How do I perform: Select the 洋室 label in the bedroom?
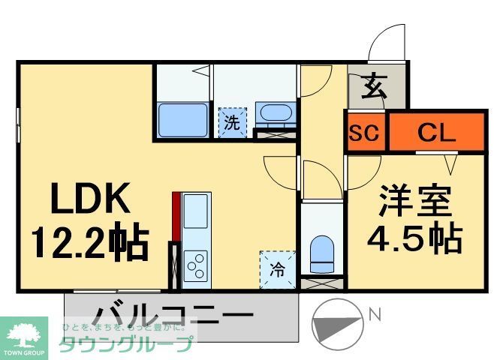[414, 201]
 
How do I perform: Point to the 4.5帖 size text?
[414, 238]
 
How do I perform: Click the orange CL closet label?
[436, 133]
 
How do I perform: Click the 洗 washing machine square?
[232, 122]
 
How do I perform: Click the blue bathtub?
[183, 119]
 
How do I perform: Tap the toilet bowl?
[321, 253]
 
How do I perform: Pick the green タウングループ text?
[126, 344]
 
